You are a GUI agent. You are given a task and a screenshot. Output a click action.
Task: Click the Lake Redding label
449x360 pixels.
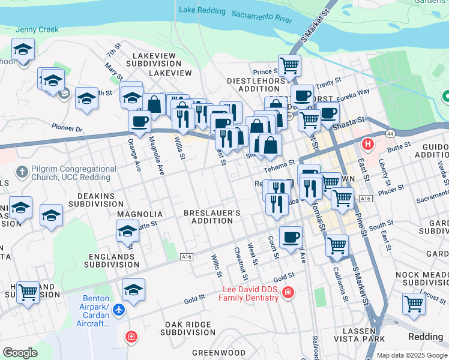[202, 10]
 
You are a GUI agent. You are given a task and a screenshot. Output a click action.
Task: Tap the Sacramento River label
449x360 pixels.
[261, 16]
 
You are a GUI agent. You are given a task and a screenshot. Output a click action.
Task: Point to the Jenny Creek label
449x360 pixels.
[37, 29]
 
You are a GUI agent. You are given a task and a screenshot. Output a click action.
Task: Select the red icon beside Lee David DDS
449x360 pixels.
[288, 292]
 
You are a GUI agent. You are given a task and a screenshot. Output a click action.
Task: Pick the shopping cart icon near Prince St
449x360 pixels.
[289, 65]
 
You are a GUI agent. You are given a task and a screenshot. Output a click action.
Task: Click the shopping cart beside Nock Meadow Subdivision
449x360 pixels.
[414, 303]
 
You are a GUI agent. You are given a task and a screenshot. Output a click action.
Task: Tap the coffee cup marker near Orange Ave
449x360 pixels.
[139, 121]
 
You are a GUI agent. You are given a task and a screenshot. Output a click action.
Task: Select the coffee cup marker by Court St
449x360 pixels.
[291, 236]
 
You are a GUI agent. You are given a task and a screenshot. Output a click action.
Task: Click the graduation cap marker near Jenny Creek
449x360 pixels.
[23, 49]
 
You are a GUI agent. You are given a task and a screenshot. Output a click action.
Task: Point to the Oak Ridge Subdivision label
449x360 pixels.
[190, 328]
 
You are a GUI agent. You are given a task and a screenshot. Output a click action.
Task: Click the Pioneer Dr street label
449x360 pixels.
[67, 128]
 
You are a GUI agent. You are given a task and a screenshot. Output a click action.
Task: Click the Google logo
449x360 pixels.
[20, 352]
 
